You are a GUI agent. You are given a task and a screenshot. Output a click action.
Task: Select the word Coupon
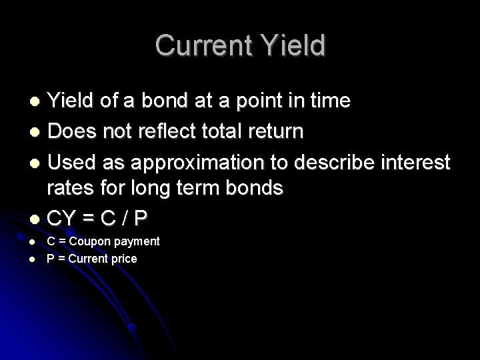point(91,241)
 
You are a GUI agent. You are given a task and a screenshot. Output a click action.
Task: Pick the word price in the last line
point(124,258)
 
